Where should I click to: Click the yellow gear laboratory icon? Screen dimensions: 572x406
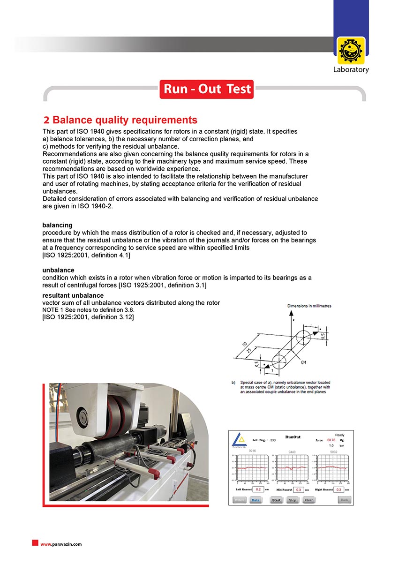(351, 51)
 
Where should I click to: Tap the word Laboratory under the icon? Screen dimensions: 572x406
(351, 69)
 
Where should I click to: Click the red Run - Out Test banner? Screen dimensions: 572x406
(207, 89)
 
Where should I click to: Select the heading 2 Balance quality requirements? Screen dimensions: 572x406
(120, 120)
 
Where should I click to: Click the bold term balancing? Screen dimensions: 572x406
(57, 225)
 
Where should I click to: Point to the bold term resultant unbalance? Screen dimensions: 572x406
(73, 295)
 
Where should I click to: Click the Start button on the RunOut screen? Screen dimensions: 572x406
(276, 500)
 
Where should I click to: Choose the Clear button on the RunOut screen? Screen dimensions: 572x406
(308, 500)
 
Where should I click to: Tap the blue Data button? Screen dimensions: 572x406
(256, 500)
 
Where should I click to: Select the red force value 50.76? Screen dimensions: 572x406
(331, 440)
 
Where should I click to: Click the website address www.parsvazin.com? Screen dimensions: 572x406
(61, 544)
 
